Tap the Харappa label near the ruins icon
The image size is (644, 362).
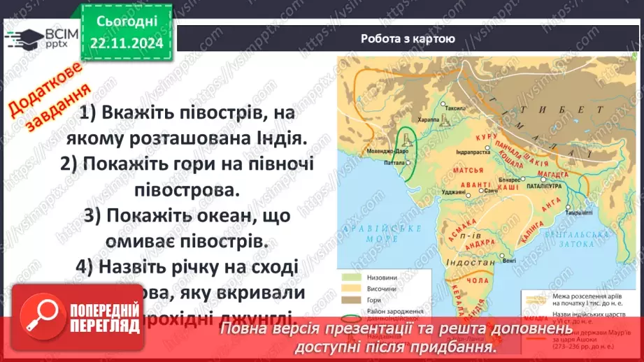pos(431,121)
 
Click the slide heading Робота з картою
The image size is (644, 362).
pos(408,39)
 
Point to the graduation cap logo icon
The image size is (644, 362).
pos(22,37)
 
